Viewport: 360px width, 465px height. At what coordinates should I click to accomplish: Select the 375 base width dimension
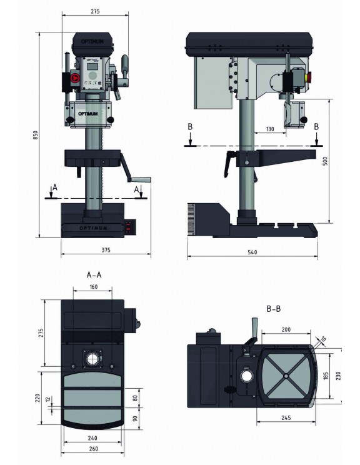(106, 250)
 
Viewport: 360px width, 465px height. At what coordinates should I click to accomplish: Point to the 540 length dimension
(252, 252)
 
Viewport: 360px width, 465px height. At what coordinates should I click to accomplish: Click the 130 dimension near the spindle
(269, 129)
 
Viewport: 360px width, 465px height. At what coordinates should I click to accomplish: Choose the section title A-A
(94, 274)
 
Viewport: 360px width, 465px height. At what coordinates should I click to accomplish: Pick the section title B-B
(274, 308)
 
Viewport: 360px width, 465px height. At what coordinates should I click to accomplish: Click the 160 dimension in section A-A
(93, 287)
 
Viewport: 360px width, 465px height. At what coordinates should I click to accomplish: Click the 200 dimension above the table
(287, 329)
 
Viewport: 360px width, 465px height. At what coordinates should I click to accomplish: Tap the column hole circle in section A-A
(94, 360)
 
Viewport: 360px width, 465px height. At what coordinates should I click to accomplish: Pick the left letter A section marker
(56, 187)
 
